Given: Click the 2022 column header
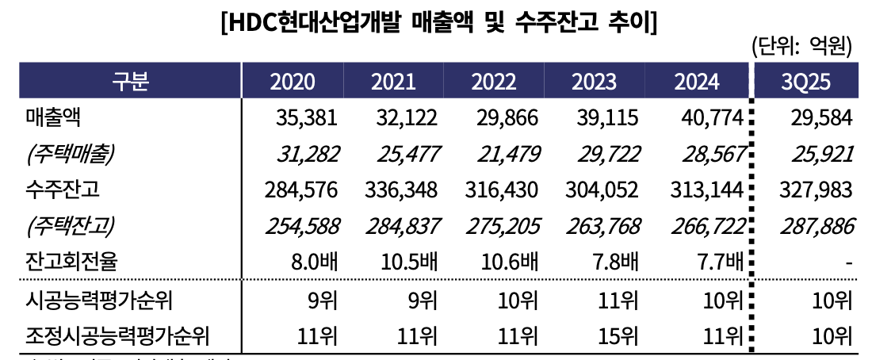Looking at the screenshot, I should click(494, 82).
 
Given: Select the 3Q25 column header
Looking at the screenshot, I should click(807, 82).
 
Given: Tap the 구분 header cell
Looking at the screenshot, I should click(131, 82).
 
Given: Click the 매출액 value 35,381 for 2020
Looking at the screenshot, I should click(307, 119).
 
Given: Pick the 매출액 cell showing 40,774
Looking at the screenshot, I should click(712, 119).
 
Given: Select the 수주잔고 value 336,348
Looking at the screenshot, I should click(403, 190).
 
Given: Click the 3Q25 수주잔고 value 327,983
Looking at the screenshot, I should click(813, 190).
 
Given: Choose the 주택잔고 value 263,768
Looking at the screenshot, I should click(605, 227).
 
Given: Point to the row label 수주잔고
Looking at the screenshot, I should click(63, 190).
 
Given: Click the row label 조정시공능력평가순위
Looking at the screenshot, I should click(117, 337).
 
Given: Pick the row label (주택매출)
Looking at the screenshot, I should click(70, 155).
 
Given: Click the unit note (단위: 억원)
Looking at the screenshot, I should click(801, 47).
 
